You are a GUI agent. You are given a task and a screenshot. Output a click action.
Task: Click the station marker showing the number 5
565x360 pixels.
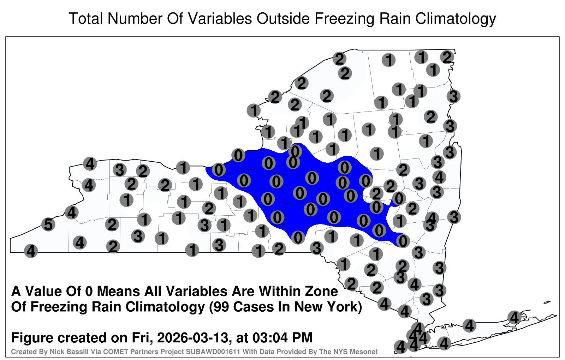pos(48,224)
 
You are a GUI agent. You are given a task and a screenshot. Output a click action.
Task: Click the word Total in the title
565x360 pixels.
pos(86,18)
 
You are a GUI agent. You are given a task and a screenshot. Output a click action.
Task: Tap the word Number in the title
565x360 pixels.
pos(135,18)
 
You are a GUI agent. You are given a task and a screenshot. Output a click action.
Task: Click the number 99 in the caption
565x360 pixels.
pos(222,307)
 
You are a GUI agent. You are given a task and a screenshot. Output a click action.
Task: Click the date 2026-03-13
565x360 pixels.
pos(192,338)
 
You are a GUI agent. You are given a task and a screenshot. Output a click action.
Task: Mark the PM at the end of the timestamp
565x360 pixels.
pos(302,338)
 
